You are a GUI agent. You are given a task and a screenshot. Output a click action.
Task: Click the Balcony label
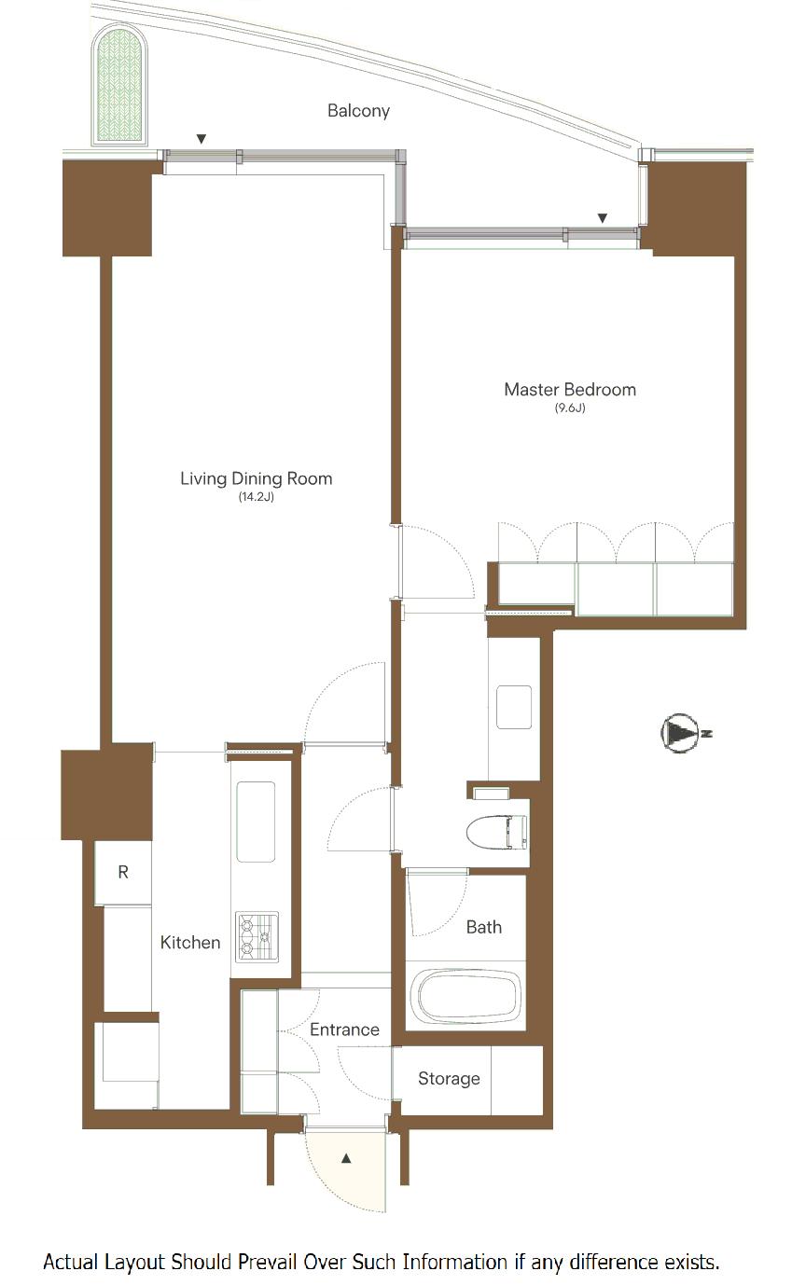[x=358, y=110]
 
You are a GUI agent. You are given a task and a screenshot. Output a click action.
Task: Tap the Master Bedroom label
[x=570, y=390]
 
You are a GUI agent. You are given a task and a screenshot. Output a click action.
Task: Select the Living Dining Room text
[x=256, y=478]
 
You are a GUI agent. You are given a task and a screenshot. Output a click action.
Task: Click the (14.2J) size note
[x=256, y=497]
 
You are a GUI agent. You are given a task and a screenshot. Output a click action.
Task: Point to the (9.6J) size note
[x=570, y=408]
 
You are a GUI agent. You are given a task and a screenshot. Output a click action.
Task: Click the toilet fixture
[x=497, y=832]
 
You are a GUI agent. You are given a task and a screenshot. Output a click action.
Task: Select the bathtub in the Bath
[x=469, y=996]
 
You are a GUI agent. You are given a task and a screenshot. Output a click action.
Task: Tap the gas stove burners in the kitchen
[x=257, y=937]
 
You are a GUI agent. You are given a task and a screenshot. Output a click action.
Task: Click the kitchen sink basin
[x=256, y=822]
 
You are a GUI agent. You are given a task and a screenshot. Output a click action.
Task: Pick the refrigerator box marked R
[x=123, y=873]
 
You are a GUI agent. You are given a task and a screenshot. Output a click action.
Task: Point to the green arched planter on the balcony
[x=119, y=84]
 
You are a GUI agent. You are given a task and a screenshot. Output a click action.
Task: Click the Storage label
[x=449, y=1079]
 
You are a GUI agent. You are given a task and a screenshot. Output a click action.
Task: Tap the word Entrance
[x=344, y=1029]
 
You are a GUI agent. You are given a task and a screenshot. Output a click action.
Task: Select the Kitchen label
[x=190, y=943]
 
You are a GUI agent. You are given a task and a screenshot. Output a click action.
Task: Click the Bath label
[x=484, y=927]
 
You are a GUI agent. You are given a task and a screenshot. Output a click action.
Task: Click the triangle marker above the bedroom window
[x=603, y=218]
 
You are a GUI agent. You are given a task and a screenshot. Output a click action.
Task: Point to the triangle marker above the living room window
[x=201, y=139]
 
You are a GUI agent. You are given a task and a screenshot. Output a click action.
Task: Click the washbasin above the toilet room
[x=514, y=708]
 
